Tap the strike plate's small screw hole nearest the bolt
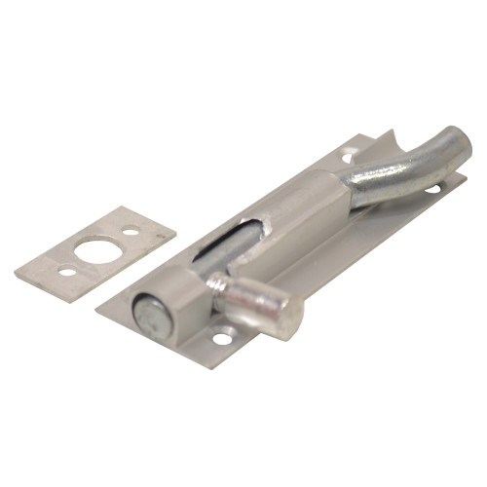coord(131,232)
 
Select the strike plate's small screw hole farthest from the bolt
coord(66,271)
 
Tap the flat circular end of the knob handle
coord(284,317)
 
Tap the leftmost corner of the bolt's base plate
coord(96,311)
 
